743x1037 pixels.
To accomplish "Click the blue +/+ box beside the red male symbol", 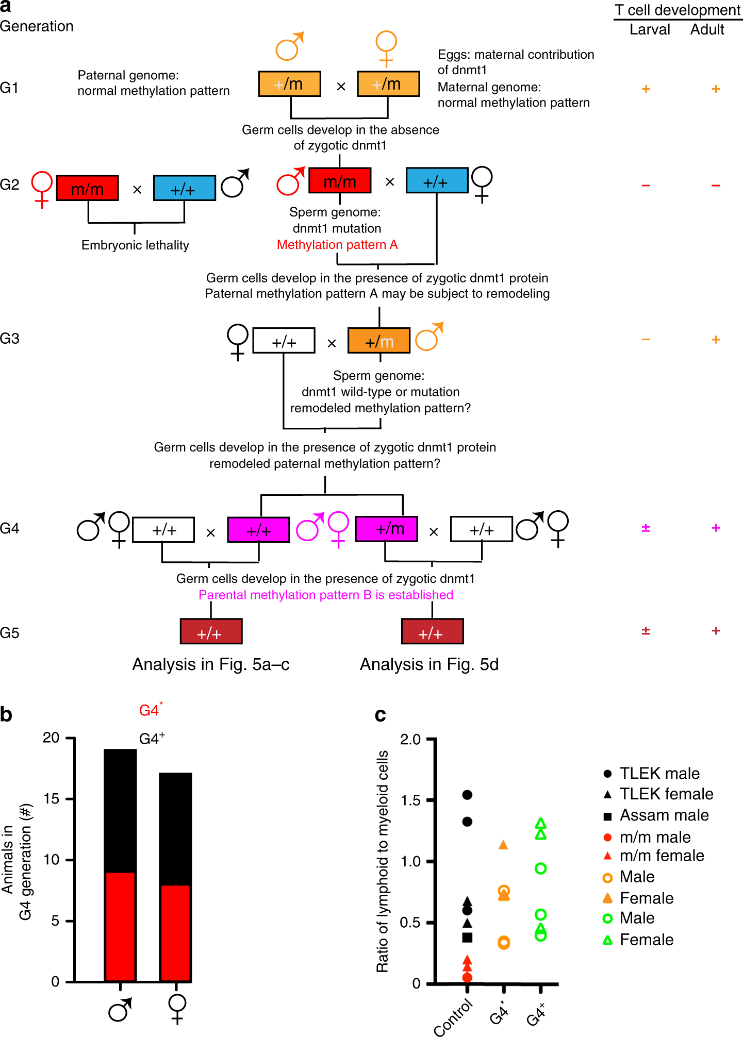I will point(437,180).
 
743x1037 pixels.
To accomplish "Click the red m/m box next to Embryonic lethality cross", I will point(87,188).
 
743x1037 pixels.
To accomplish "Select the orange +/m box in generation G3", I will point(379,341).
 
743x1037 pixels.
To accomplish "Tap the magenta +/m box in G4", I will point(386,529).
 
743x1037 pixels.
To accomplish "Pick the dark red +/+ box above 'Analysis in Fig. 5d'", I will point(432,632).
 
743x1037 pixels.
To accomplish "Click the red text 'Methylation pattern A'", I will point(337,245).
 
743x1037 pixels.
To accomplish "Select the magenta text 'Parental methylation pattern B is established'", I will point(326,595).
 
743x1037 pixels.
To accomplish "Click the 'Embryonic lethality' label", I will point(135,245).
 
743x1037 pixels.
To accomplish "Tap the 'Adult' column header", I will point(707,30).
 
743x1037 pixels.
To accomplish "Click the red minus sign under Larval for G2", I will point(646,186).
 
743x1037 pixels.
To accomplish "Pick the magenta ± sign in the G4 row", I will point(646,528).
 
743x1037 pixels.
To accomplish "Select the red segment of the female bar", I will point(175,933).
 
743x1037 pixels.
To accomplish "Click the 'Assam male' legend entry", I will point(664,815).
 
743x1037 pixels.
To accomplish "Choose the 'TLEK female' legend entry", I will point(666,794).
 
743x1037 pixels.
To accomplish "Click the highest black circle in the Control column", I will point(467,795).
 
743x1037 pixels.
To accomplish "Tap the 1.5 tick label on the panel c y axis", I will point(410,800).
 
